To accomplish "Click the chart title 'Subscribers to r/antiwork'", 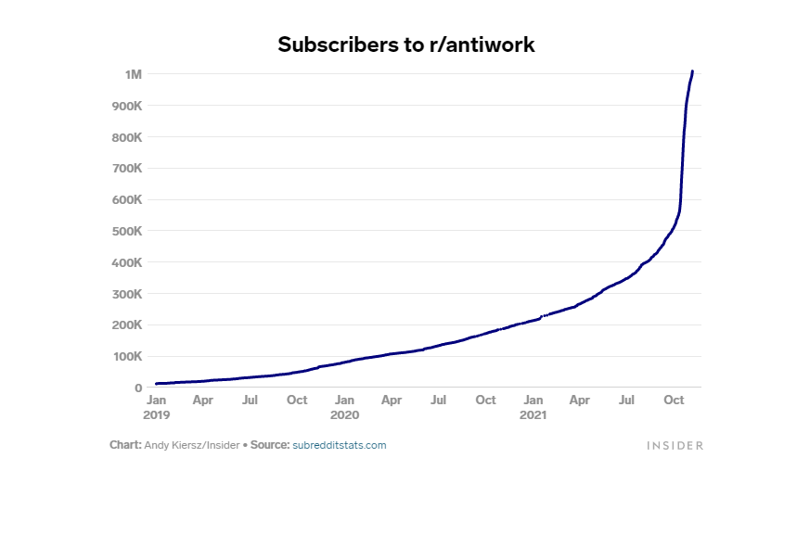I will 405,45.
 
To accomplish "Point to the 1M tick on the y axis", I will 133,74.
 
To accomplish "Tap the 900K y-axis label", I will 126,106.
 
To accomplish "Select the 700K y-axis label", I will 126,169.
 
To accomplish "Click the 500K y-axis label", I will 126,231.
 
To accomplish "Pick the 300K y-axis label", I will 126,294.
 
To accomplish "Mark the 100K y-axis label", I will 126,356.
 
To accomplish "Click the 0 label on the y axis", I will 137,388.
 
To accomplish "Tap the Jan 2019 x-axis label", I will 156,407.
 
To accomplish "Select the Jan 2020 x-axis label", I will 344,407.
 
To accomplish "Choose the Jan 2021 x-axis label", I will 533,407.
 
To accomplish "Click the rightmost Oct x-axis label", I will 674,400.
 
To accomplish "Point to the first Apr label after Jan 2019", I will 202,400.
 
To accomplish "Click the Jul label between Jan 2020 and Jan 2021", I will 438,400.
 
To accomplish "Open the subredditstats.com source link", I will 339,445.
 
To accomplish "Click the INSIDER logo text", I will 675,446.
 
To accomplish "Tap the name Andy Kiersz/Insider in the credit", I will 191,445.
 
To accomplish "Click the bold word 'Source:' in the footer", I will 270,445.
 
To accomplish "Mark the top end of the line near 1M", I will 692,71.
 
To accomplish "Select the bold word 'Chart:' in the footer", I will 125,445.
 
